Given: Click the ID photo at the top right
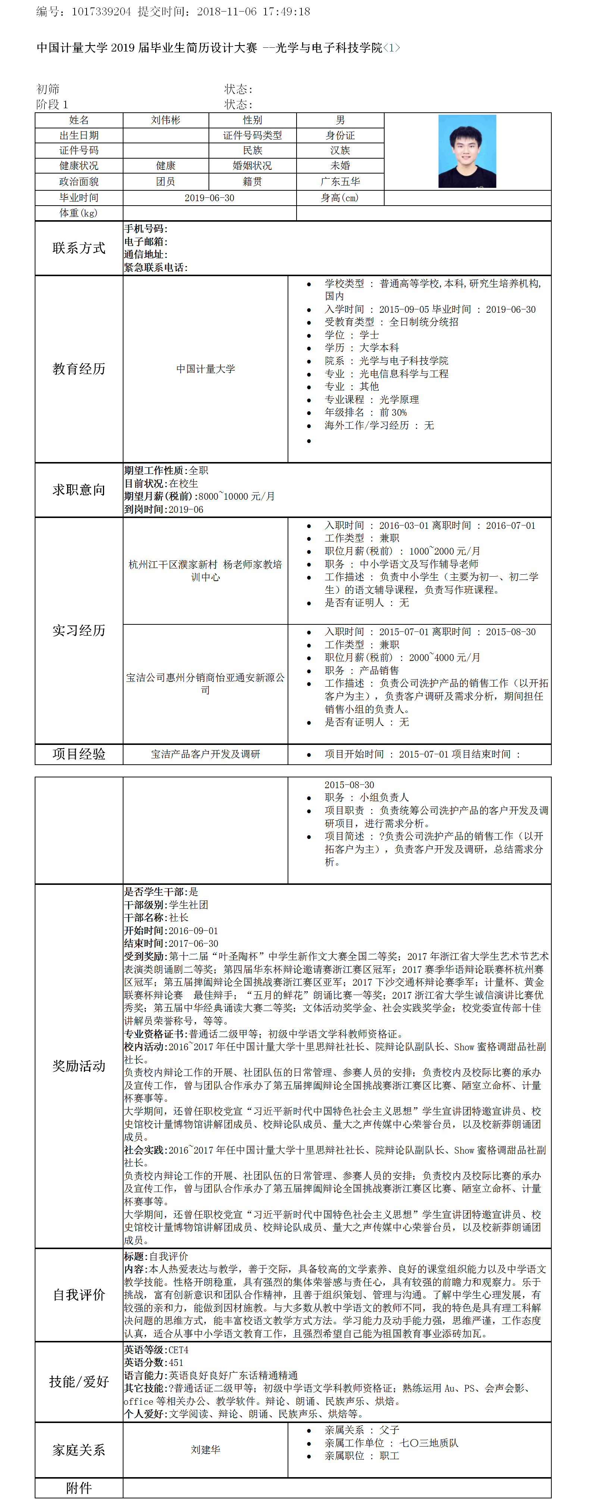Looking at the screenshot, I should pos(467,151).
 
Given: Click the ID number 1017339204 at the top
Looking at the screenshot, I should pos(101,12).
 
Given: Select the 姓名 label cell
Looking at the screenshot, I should pos(79,120).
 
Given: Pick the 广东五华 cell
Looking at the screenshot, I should pos(340,182).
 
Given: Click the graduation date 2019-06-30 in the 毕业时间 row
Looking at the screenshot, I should pos(209,198).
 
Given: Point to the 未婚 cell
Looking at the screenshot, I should pos(340,166).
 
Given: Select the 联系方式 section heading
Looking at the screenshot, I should pos(79,248).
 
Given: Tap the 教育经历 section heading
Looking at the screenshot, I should pos(79,369).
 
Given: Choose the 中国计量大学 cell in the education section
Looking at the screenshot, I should pos(206,369).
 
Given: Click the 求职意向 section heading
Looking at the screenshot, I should pos(79,490).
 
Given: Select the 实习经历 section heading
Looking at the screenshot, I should pos(79,631).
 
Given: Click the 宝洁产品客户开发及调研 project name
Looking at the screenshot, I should pos(206,754).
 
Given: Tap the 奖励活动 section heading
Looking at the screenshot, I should pos(79,1066).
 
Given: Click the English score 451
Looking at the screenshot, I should pos(176,1363).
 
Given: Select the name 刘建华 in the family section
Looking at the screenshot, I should pos(206,1450).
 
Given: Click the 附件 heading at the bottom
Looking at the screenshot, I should pos(79,1488).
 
